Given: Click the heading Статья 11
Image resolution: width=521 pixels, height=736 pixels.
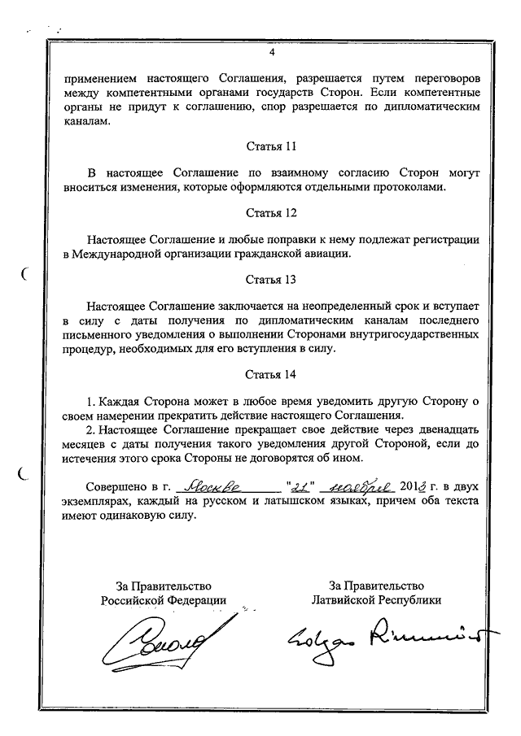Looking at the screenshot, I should tap(272, 147).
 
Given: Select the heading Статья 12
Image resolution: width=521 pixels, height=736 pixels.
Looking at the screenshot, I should tap(272, 214).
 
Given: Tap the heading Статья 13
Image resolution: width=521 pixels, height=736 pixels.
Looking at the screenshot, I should tap(272, 280).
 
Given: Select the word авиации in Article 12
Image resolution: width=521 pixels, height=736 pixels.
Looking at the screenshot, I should tap(326, 253).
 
